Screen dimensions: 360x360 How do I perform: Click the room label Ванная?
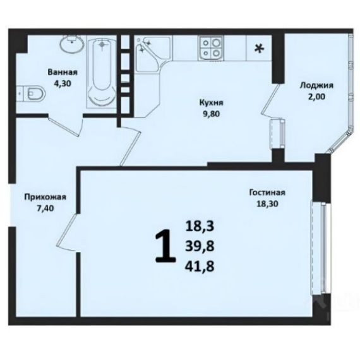(x=63, y=73)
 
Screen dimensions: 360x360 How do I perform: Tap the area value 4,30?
(x=63, y=83)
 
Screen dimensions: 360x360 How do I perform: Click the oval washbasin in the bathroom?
(x=72, y=44)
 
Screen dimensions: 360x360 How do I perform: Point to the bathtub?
(x=102, y=73)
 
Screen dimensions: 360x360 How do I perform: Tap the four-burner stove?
(x=211, y=48)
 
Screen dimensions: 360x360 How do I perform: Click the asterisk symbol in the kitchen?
(x=260, y=49)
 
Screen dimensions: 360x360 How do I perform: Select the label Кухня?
(x=211, y=102)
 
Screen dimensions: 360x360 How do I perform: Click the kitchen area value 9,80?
(x=211, y=114)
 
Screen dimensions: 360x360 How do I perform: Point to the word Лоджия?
(x=316, y=85)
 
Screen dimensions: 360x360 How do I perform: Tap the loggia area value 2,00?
(x=316, y=97)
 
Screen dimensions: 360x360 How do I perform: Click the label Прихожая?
(x=45, y=197)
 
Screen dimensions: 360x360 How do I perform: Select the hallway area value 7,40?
(x=45, y=208)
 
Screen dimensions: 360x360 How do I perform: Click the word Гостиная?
(x=267, y=192)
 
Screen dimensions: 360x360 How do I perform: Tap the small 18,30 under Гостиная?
(x=267, y=203)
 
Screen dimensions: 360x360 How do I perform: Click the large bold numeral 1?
(x=165, y=246)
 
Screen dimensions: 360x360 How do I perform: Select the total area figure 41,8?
(x=200, y=267)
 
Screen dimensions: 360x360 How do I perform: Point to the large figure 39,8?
(x=200, y=246)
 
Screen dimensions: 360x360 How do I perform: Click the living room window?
(x=321, y=248)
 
